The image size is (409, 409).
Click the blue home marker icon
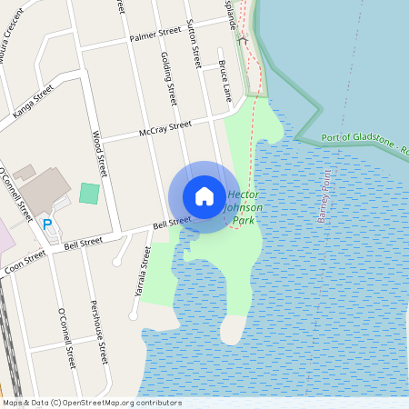point(204,196)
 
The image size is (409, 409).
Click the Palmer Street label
point(155,35)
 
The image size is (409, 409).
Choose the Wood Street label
point(99,153)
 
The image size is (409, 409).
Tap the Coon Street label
point(24,263)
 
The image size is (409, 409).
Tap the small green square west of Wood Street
point(89,193)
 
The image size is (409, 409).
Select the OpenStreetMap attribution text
point(91,403)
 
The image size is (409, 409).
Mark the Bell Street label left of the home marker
point(171,222)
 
